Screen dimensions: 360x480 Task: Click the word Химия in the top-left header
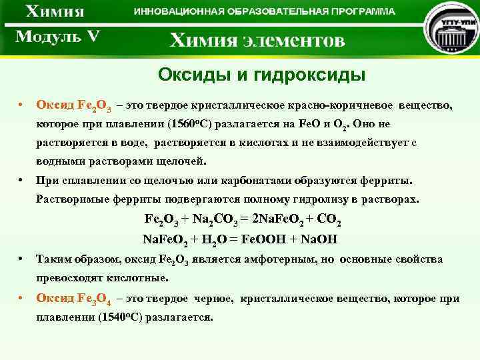pyautogui.click(x=56, y=13)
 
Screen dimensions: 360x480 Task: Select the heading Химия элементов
pyautogui.click(x=257, y=41)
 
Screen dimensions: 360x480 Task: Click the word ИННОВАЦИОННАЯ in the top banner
pyautogui.click(x=175, y=12)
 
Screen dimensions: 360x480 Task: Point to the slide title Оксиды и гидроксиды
pyautogui.click(x=253, y=73)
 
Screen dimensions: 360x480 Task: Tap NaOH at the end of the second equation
pyautogui.click(x=319, y=239)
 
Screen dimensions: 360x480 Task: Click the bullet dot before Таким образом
pyautogui.click(x=22, y=259)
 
